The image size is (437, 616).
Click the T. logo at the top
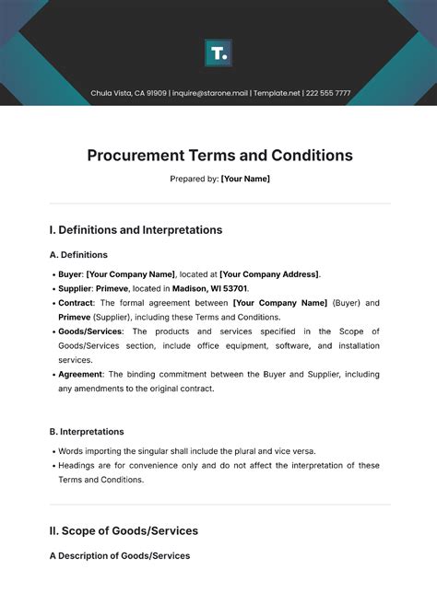(x=218, y=53)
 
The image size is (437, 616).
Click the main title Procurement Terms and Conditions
(x=219, y=156)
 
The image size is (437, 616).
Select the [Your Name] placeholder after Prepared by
(x=245, y=179)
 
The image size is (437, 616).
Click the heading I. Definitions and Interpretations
(x=136, y=230)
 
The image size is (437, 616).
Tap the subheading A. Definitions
(x=78, y=255)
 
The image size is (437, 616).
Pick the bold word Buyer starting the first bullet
(x=70, y=274)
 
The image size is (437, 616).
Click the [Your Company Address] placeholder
(x=269, y=274)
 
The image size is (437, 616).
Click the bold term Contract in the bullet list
(x=76, y=303)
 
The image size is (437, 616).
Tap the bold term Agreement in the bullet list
(x=81, y=375)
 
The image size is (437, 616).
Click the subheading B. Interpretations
(x=87, y=431)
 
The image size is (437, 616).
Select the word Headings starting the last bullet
(x=78, y=465)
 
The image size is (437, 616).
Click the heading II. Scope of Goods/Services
(x=124, y=530)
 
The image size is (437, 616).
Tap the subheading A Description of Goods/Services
(x=119, y=555)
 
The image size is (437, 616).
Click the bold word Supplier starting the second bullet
(x=75, y=288)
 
